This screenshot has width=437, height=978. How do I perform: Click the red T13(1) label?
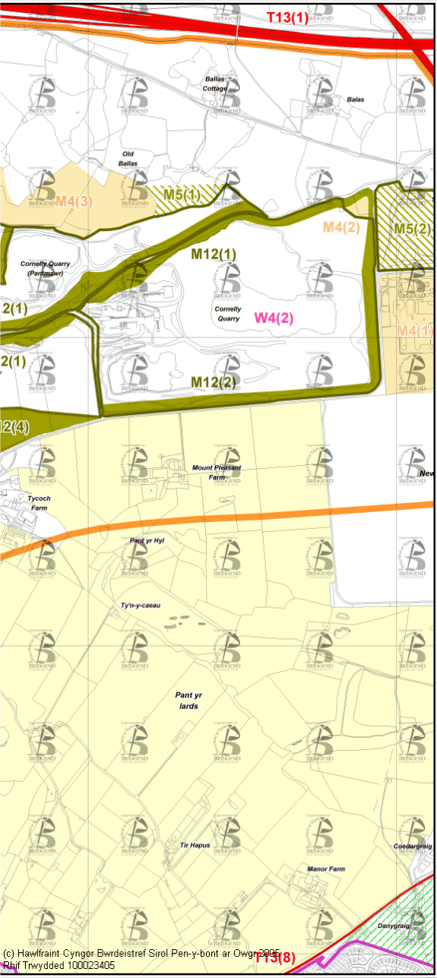click(288, 17)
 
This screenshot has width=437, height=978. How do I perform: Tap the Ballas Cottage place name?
click(216, 84)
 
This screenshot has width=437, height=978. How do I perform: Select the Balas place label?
click(355, 100)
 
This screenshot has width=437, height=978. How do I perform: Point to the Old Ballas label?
click(128, 158)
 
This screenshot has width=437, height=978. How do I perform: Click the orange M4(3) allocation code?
click(74, 201)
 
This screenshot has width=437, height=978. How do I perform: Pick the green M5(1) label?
click(182, 195)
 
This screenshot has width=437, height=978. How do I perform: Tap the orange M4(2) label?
click(340, 226)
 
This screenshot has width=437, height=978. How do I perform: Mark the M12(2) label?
click(214, 381)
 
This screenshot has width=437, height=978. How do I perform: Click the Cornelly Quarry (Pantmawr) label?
click(45, 268)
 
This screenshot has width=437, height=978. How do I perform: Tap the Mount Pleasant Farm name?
click(217, 472)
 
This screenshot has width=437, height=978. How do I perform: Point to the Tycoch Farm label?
click(38, 502)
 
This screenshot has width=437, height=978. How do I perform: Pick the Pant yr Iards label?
click(187, 701)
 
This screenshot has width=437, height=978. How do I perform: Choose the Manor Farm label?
click(326, 869)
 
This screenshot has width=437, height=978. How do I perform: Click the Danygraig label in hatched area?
click(395, 926)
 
